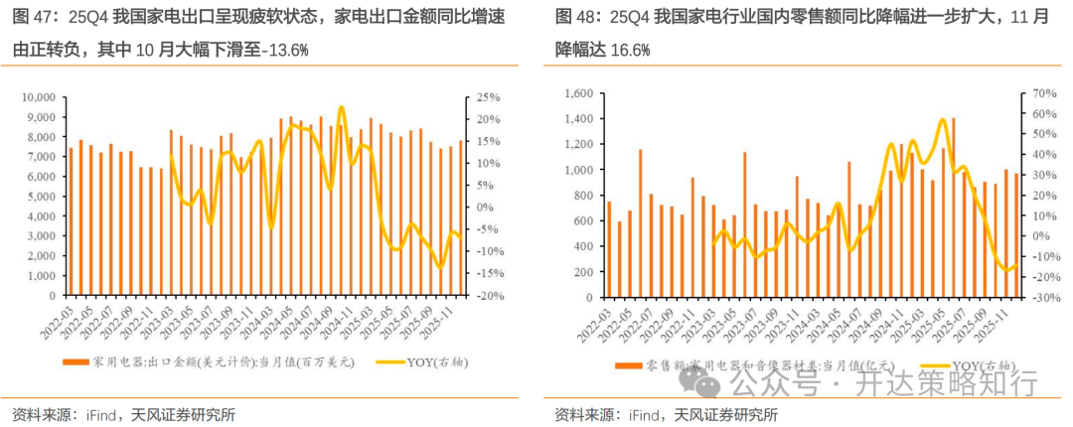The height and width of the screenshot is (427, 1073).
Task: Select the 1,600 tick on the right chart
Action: (575, 93)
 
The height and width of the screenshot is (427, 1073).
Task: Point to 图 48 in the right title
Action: (576, 17)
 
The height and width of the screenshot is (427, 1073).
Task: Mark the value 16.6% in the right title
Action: (630, 51)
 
